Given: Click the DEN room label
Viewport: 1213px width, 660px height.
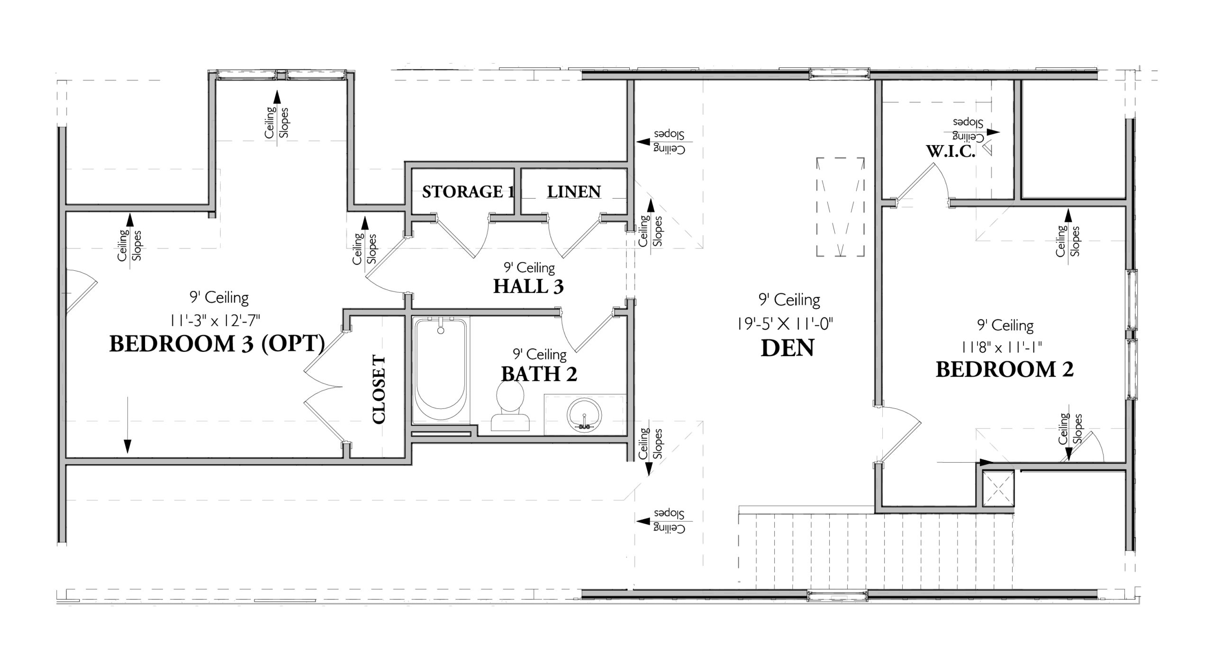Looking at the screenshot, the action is tap(788, 348).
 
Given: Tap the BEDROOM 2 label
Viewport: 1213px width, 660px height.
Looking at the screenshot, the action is tap(1005, 369).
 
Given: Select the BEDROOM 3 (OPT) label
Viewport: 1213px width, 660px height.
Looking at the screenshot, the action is tap(217, 344).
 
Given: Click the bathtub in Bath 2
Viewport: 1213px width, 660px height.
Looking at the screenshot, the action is tap(441, 370).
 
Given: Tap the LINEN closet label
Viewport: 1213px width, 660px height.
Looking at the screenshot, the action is tap(574, 192).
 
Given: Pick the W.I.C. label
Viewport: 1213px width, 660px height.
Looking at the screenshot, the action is tap(950, 151).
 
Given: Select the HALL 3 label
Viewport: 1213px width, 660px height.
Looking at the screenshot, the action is tap(528, 286).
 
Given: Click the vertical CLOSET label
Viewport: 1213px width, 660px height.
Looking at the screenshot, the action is tap(379, 389).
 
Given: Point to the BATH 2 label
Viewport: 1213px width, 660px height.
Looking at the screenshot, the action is tap(539, 374).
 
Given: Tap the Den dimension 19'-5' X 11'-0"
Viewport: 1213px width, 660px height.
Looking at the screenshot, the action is tap(785, 324).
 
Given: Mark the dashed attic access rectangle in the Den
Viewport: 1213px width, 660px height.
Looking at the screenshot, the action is tap(840, 207).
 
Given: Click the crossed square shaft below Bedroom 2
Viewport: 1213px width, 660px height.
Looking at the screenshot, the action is tap(998, 489).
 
